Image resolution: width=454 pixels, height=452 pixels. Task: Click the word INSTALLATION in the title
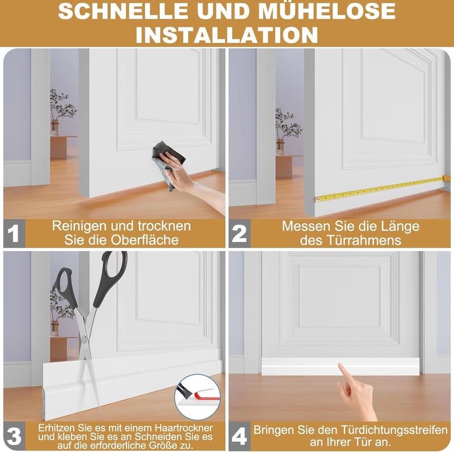pos(227,35)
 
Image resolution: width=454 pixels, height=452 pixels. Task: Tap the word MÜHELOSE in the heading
pos(327,11)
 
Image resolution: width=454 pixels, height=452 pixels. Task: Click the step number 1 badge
pos(14,233)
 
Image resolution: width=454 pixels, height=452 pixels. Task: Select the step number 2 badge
pos(239,233)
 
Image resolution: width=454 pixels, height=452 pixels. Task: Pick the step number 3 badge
pos(14,436)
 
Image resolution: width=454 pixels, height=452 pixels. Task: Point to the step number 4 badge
pos(239,436)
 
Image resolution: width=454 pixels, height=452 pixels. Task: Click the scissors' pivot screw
pos(84,338)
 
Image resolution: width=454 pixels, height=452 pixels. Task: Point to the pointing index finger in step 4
pos(345,374)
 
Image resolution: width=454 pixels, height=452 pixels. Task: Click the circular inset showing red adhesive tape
pos(197,397)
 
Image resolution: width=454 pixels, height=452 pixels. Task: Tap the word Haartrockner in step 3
pos(183,428)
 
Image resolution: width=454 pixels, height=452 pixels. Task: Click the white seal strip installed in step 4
pos(340,366)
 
